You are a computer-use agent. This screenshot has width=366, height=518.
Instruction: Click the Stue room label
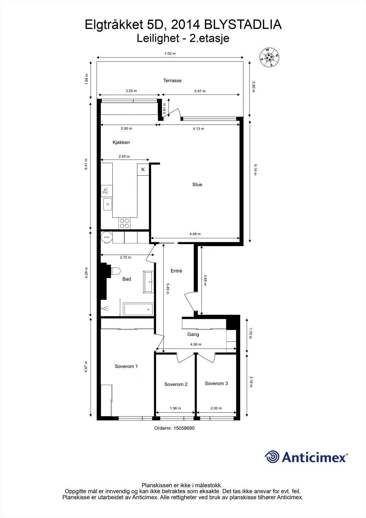[197, 185]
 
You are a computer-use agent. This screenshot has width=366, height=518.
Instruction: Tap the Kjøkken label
[121, 142]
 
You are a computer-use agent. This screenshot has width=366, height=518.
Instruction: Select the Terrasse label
[172, 80]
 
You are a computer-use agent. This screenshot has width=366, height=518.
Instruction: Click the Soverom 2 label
[176, 384]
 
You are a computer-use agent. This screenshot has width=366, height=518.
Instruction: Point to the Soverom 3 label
[216, 383]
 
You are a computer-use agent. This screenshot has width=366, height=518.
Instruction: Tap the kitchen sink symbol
[107, 204]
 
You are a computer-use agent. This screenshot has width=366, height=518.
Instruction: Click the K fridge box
[143, 170]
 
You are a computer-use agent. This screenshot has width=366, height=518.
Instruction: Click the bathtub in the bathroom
[138, 309]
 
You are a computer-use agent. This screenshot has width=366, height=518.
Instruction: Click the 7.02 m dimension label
[170, 54]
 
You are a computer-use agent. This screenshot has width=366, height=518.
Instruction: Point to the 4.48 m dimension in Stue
[195, 234]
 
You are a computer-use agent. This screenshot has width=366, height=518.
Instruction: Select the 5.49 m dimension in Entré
[168, 288]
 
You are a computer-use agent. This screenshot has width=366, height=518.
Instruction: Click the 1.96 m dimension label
[175, 408]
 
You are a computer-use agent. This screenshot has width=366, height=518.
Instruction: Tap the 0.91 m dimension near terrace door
[164, 109]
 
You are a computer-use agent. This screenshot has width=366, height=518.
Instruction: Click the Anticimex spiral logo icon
[272, 457]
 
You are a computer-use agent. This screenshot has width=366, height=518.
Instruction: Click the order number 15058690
[184, 428]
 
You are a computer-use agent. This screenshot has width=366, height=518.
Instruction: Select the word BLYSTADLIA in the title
[243, 25]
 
